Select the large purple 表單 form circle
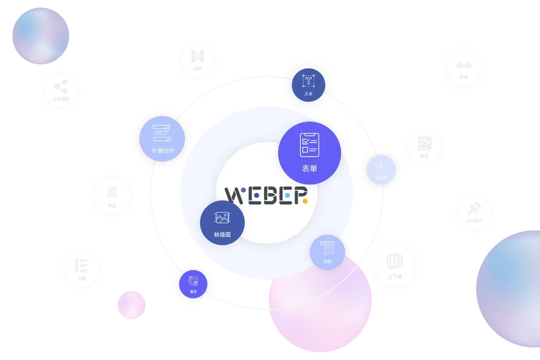click(x=308, y=152)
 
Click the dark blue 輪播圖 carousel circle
click(x=222, y=221)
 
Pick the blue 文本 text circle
click(x=308, y=85)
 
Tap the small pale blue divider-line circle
click(x=381, y=169)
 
